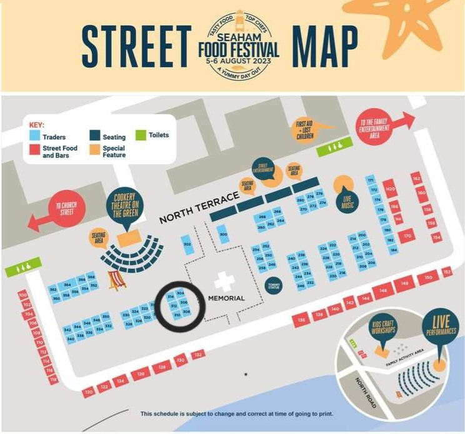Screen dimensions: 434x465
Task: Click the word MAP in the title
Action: click(x=325, y=46)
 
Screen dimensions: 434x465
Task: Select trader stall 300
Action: click(x=223, y=235)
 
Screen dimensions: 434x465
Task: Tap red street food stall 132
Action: click(x=197, y=355)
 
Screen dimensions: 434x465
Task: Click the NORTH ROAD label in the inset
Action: click(x=363, y=389)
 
